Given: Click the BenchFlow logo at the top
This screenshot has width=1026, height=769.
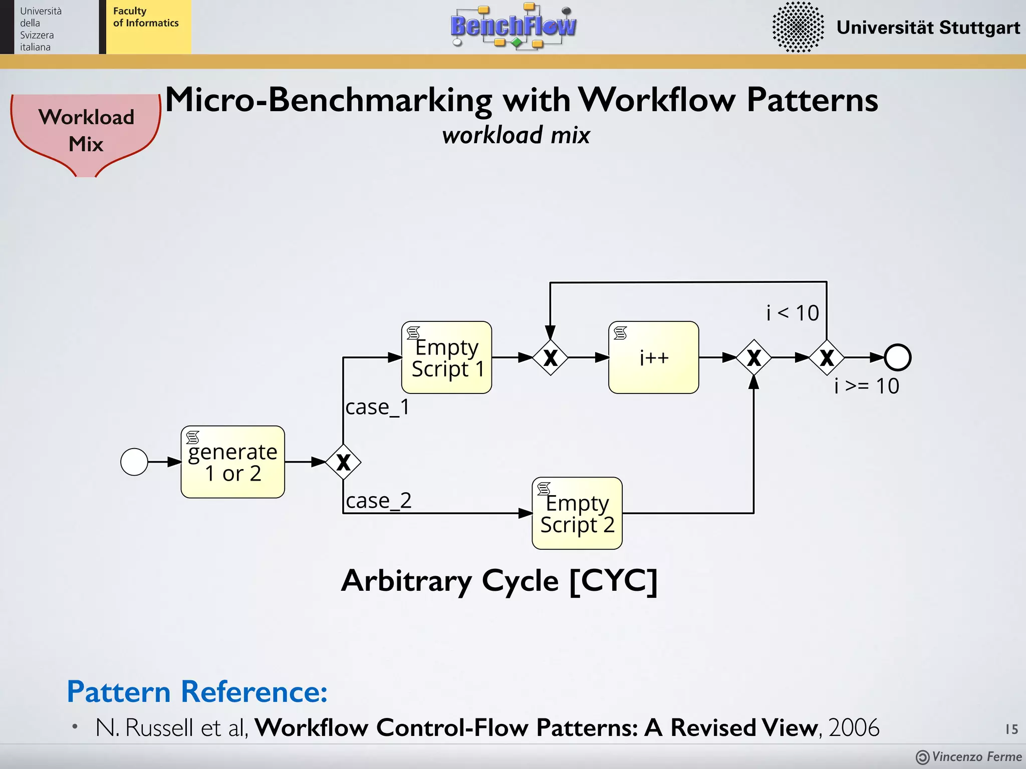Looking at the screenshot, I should tap(513, 26).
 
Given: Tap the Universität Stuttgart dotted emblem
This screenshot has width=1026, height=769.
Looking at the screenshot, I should tap(798, 27).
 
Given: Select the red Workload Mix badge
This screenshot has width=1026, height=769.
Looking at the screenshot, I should tap(86, 131).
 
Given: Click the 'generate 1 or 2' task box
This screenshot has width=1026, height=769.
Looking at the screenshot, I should tap(233, 462).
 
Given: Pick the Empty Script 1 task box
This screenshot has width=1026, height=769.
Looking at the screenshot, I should tap(446, 357).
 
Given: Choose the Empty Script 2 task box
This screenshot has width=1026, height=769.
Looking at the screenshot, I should tap(577, 513).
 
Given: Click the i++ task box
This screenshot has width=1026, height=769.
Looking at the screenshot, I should tap(654, 357).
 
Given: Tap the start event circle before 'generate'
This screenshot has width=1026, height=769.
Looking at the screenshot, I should tap(134, 462).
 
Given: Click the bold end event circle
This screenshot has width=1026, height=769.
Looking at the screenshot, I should tap(898, 357).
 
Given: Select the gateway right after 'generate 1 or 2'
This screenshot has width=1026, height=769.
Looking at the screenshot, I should tap(343, 462).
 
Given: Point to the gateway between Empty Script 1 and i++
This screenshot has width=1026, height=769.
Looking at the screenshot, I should tap(550, 357).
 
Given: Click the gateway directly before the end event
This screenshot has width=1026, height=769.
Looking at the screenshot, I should tap(827, 357).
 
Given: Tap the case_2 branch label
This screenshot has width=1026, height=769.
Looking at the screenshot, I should tap(379, 501).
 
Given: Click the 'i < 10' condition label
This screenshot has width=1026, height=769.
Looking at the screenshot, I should tap(793, 313).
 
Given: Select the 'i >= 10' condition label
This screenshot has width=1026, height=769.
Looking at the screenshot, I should tap(867, 387).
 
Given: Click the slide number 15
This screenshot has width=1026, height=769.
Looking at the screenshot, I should tap(1011, 729).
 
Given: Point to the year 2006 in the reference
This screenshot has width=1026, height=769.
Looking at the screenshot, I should tap(854, 728).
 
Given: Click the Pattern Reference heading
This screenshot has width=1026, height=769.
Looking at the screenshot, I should tap(197, 692).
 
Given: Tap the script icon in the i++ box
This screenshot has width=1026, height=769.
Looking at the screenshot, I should tap(620, 333).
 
